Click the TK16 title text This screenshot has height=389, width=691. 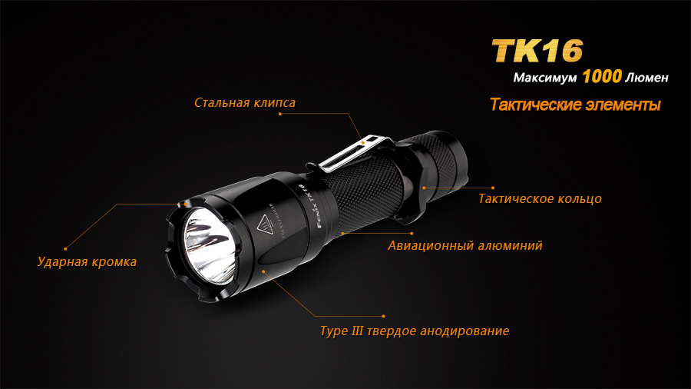point(537,51)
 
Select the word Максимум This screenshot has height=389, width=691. point(545,78)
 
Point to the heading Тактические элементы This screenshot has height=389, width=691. point(575,105)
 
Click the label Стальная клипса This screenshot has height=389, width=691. point(245,102)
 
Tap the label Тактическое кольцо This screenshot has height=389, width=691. point(540,198)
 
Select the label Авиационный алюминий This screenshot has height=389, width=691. point(465,246)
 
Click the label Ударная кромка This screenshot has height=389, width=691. point(87,261)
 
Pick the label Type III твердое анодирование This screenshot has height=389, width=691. point(415,331)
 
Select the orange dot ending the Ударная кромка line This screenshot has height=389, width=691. point(65,248)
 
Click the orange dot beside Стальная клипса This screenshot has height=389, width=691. point(280,114)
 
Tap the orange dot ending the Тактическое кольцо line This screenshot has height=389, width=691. point(493,187)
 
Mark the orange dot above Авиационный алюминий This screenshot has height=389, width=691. point(412,233)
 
